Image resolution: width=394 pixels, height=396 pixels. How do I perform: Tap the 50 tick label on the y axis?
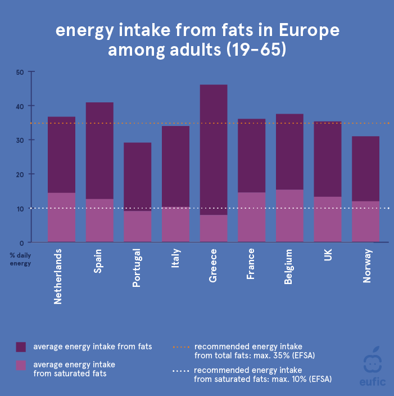(x=20, y=72)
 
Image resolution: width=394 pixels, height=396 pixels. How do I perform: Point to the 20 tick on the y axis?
(x=20, y=174)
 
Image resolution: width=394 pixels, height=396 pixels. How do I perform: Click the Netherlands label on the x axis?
(x=58, y=276)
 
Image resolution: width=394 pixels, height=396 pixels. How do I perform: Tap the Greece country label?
(x=213, y=265)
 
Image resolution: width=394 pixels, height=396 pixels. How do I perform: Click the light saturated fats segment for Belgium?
(x=289, y=216)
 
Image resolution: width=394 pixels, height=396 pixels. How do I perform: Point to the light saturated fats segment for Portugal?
(x=138, y=226)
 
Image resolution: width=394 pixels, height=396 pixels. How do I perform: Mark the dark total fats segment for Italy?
(x=175, y=166)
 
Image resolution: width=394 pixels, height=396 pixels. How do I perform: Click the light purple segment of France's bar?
(x=251, y=217)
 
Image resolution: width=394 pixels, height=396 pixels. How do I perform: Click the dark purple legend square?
(x=21, y=346)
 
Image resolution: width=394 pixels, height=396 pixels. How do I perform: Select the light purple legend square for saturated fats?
(x=21, y=365)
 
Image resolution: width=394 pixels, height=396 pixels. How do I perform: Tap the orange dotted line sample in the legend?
(x=180, y=346)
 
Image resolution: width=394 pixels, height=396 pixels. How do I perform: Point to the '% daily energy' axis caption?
(x=19, y=259)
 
